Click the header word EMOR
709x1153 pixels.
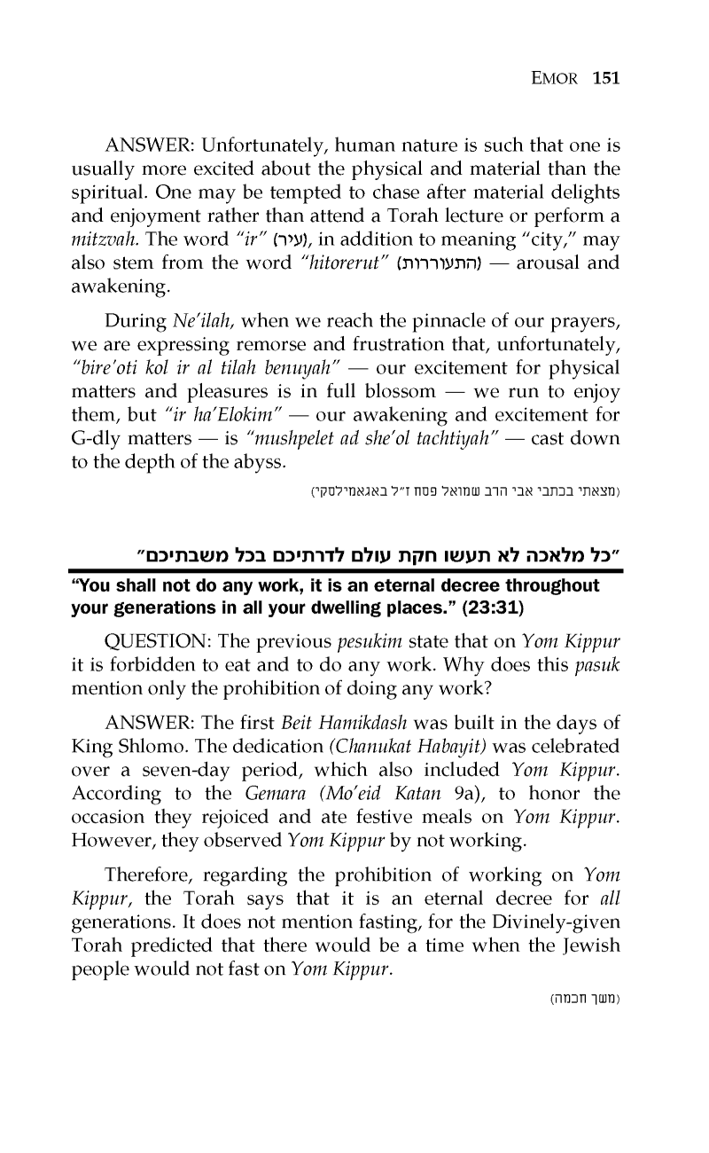pyautogui.click(x=556, y=78)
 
